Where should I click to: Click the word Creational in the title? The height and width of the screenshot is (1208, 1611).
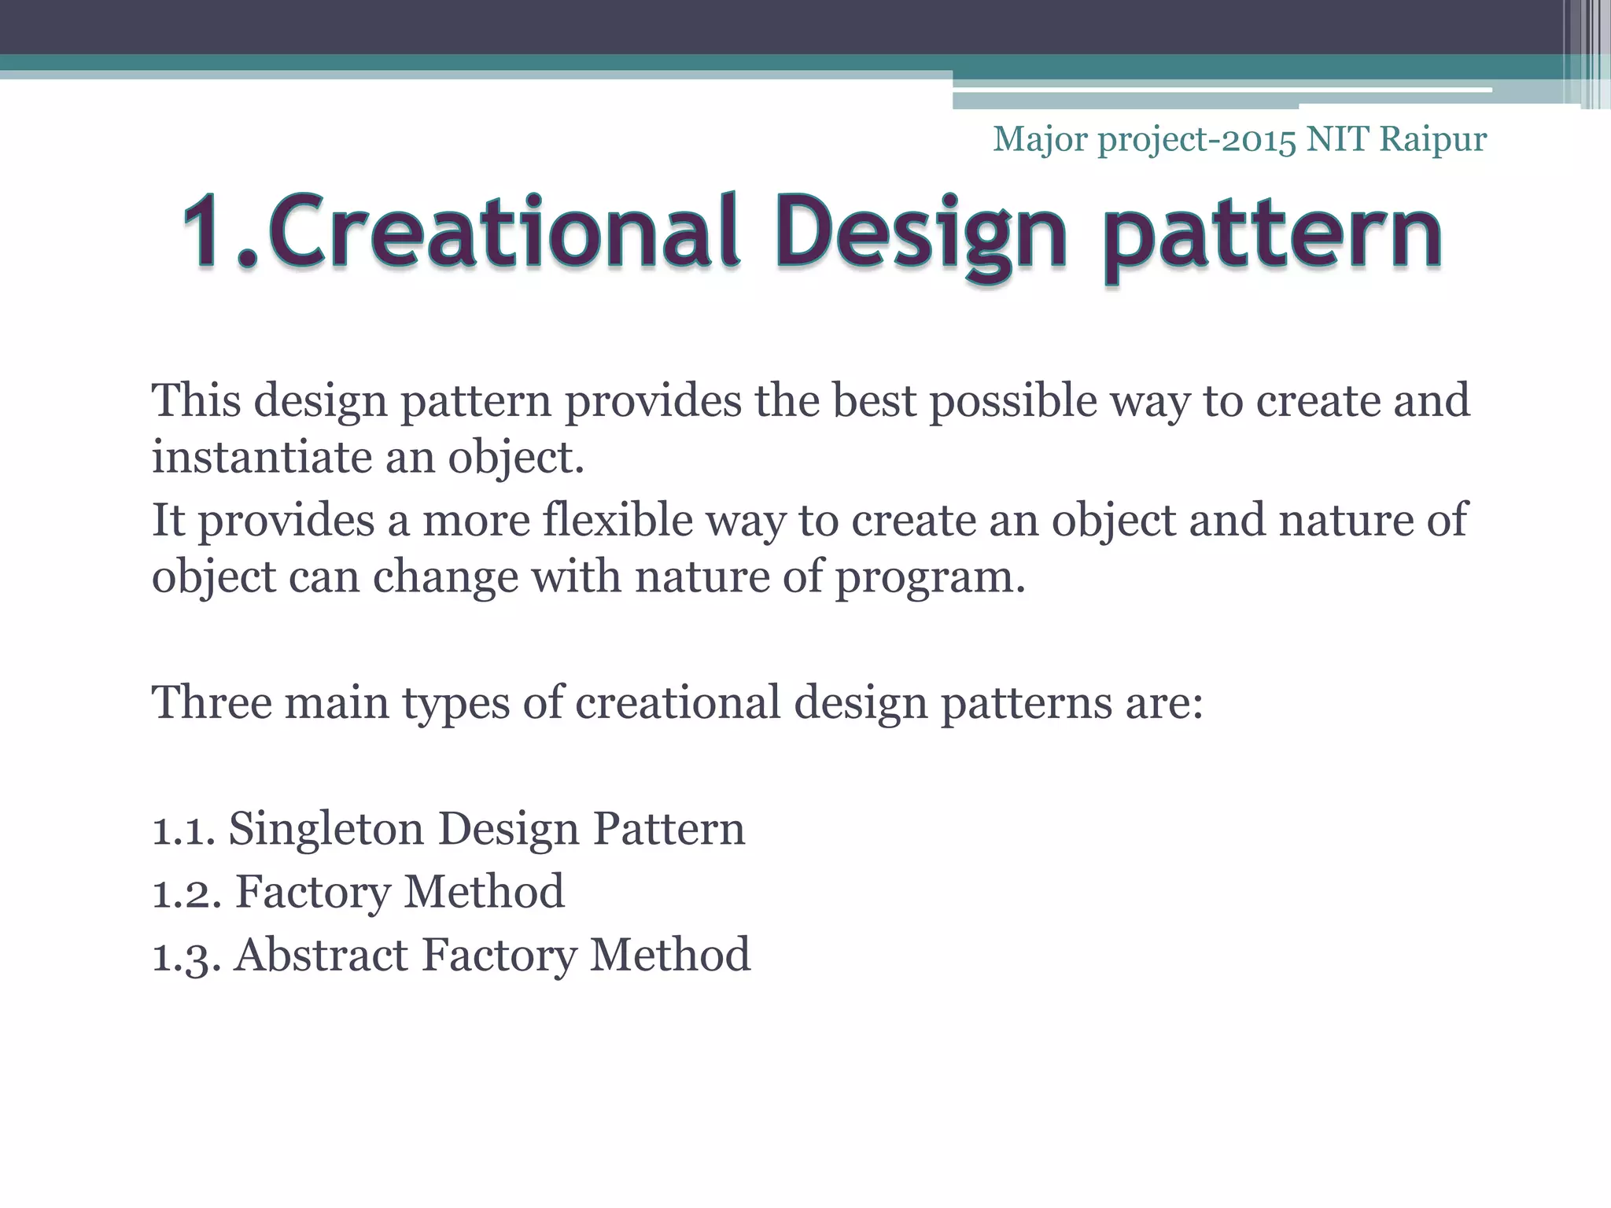click(x=503, y=231)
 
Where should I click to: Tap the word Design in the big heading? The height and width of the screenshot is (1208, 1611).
click(x=920, y=233)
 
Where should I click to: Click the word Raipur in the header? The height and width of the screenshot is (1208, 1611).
click(x=1433, y=139)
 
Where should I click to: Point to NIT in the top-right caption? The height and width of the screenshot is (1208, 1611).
click(x=1337, y=139)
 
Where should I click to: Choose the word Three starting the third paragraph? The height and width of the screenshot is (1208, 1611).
click(x=211, y=702)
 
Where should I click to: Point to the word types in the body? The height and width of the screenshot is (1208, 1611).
click(x=455, y=703)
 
